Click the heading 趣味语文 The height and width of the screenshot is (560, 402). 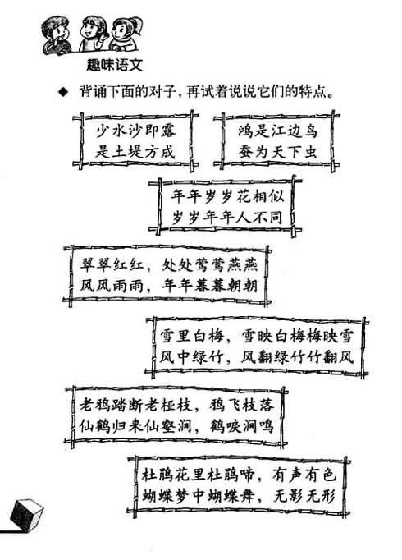tap(114, 65)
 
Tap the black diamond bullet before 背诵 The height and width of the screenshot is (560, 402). tap(63, 93)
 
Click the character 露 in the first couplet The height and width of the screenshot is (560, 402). tap(168, 131)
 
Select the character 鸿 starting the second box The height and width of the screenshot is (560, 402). tap(245, 131)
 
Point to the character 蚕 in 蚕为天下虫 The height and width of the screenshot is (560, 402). tap(245, 152)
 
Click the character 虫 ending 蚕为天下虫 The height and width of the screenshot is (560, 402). tap(310, 152)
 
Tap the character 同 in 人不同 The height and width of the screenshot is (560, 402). tap(276, 218)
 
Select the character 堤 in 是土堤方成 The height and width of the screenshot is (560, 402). tap(136, 152)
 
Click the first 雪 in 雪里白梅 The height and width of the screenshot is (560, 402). tap(167, 337)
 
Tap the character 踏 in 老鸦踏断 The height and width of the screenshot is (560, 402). tap(120, 405)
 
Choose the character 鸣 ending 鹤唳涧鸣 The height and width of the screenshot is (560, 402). tap(266, 425)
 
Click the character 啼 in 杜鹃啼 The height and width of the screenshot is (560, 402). tap(246, 475)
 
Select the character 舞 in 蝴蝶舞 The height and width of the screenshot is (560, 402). tap(246, 496)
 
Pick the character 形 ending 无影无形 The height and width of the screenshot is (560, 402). tap(328, 496)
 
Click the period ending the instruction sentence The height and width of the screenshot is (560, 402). tap(331, 95)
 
